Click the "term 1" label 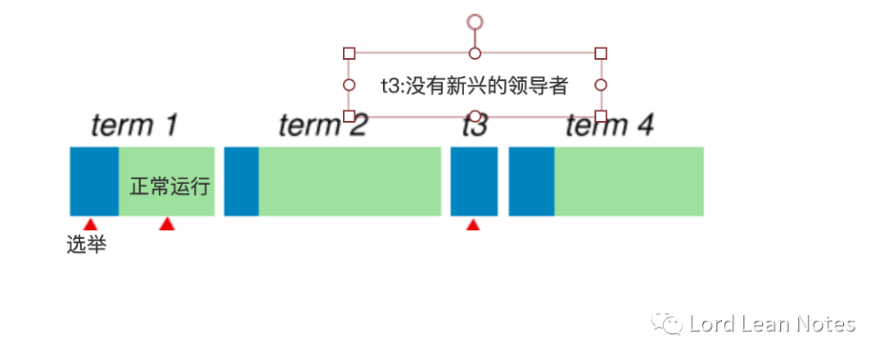pyautogui.click(x=134, y=125)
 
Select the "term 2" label pyautogui.click(x=322, y=125)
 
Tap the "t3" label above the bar pyautogui.click(x=474, y=126)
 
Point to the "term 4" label pyautogui.click(x=610, y=125)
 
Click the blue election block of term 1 pyautogui.click(x=94, y=182)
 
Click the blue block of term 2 pyautogui.click(x=241, y=182)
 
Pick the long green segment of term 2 pyautogui.click(x=350, y=182)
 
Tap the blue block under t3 pyautogui.click(x=474, y=182)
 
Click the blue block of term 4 pyautogui.click(x=531, y=182)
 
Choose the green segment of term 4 pyautogui.click(x=629, y=182)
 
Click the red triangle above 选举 pyautogui.click(x=90, y=225)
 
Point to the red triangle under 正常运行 pyautogui.click(x=167, y=225)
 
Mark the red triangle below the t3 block pyautogui.click(x=472, y=225)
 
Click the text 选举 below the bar pyautogui.click(x=86, y=245)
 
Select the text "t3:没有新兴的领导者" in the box pyautogui.click(x=475, y=85)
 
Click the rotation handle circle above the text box pyautogui.click(x=475, y=21)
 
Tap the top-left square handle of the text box pyautogui.click(x=349, y=53)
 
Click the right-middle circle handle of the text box pyautogui.click(x=601, y=84)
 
